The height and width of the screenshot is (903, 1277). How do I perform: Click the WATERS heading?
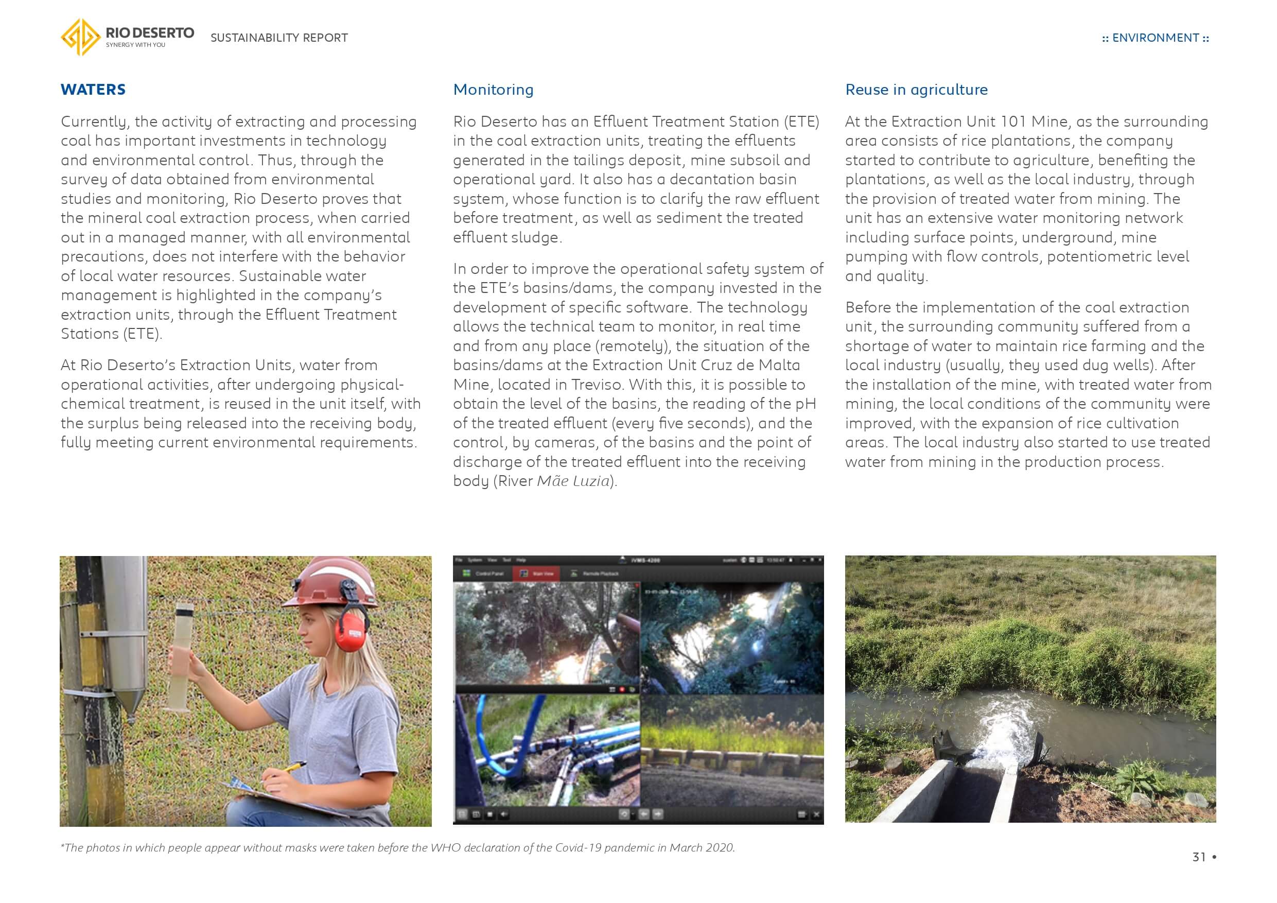tap(93, 90)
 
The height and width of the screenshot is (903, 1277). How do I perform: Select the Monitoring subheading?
tap(493, 90)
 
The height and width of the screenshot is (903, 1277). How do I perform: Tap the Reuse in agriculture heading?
tap(916, 90)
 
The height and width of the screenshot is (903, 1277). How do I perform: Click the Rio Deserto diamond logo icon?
tap(81, 37)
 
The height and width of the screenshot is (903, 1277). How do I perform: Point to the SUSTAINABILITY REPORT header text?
tap(278, 38)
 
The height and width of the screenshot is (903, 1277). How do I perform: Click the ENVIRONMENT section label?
tap(1155, 38)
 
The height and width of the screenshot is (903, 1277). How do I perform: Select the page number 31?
tap(1199, 857)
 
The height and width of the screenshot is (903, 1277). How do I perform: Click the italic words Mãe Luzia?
tap(573, 481)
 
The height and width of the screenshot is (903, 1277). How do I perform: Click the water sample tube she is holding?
tap(184, 656)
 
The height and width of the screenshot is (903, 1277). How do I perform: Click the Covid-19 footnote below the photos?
tap(398, 847)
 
